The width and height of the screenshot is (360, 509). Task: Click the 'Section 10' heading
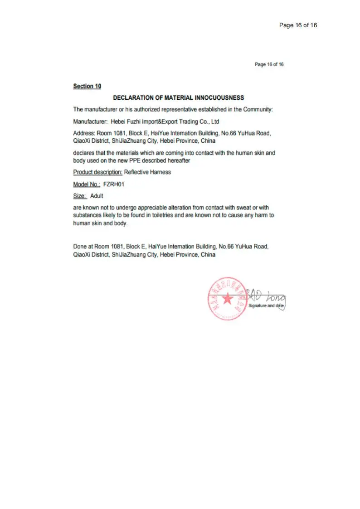[x=87, y=86]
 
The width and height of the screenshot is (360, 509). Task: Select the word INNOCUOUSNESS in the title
[x=219, y=97]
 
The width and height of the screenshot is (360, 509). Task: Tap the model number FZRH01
[x=114, y=184]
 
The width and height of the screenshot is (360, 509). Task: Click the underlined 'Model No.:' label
[x=87, y=184]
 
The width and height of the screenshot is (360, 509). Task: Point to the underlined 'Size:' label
[x=80, y=196]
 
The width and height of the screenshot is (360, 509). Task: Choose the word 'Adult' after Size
[x=97, y=196]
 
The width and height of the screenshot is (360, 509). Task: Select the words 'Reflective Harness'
[x=147, y=172]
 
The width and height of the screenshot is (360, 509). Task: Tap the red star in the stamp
[x=227, y=299]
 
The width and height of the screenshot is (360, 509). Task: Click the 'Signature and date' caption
[x=266, y=306]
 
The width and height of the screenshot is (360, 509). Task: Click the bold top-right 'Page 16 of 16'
[x=298, y=25]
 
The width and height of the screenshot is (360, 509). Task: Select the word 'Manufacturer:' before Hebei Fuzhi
[x=90, y=121]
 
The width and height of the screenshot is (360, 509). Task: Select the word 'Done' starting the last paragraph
[x=80, y=247]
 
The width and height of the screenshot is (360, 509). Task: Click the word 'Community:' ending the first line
[x=258, y=109]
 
